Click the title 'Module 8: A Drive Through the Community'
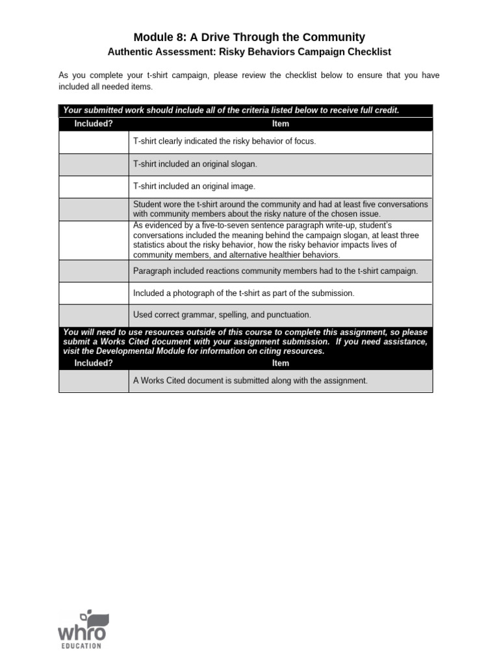[249, 37]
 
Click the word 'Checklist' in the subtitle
[366, 52]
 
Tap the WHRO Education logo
[81, 629]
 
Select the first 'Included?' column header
[94, 124]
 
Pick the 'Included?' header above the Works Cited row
[94, 363]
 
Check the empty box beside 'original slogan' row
[94, 164]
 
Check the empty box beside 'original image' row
[94, 186]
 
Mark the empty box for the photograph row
[94, 293]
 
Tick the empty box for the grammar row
[94, 315]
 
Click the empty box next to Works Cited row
[94, 380]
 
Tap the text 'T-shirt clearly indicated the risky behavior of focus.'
[224, 141]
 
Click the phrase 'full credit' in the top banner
[375, 110]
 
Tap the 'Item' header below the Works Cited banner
[280, 363]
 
